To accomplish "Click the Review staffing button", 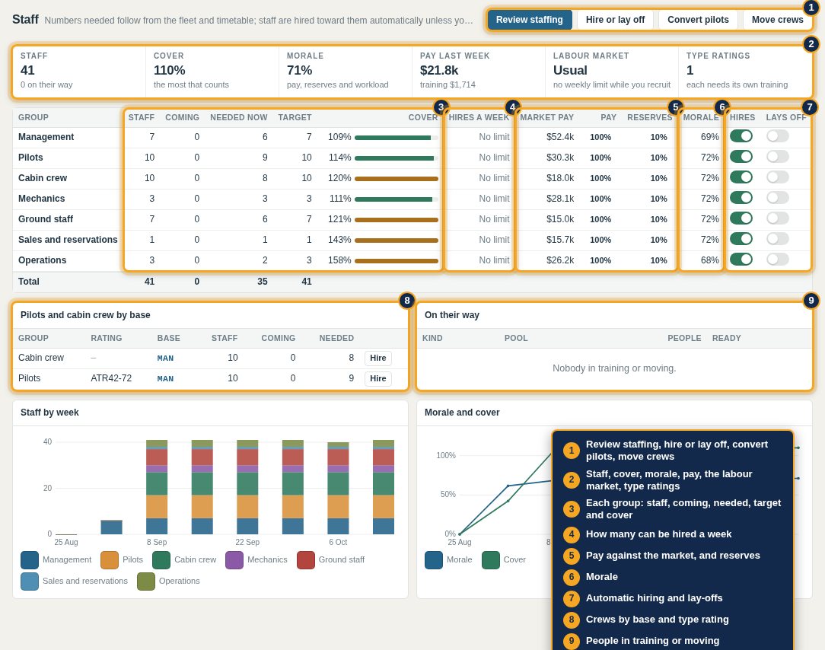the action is [x=529, y=20].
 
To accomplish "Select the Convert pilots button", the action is [x=698, y=20].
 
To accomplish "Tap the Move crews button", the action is [x=777, y=20].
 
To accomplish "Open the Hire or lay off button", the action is [x=615, y=20].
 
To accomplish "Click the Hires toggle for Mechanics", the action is [x=741, y=198].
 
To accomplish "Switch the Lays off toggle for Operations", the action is [x=778, y=260].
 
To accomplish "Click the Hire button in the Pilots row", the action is [x=377, y=378].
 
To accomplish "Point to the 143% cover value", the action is [x=339, y=240].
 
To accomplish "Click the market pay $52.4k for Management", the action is [x=560, y=137].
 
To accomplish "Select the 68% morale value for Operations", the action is [x=710, y=260].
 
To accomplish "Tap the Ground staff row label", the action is [x=46, y=219].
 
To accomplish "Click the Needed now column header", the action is [x=239, y=117].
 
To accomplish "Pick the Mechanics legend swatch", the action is [x=234, y=560].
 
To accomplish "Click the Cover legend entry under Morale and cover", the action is [x=504, y=560].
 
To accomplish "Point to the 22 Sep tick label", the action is [x=247, y=542].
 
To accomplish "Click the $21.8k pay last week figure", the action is [x=439, y=70].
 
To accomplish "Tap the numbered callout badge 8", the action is [x=406, y=301].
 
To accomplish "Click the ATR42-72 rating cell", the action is [x=111, y=378].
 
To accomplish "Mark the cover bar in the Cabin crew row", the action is [x=397, y=179].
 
